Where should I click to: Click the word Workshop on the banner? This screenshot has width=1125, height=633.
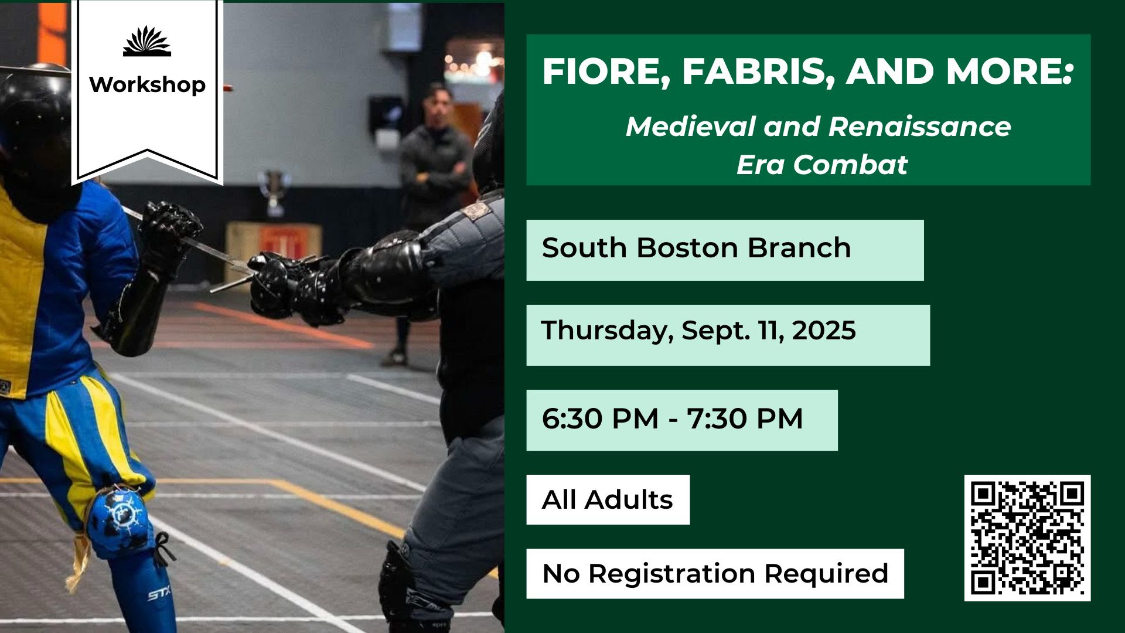pos(147,85)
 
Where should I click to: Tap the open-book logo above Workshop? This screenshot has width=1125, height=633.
pos(147,41)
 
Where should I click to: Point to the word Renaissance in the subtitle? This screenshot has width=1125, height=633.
pos(920,127)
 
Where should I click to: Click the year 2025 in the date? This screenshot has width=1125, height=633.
pos(824,331)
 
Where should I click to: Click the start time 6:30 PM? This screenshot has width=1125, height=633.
pos(601,419)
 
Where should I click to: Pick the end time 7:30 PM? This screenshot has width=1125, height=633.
pos(745,419)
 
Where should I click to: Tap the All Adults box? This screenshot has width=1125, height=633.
pos(608,499)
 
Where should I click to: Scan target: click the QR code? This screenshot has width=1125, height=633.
pos(1027,538)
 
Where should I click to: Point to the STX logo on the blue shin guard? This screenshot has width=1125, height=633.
pos(159,594)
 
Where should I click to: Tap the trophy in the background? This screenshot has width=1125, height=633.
pos(274,192)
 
